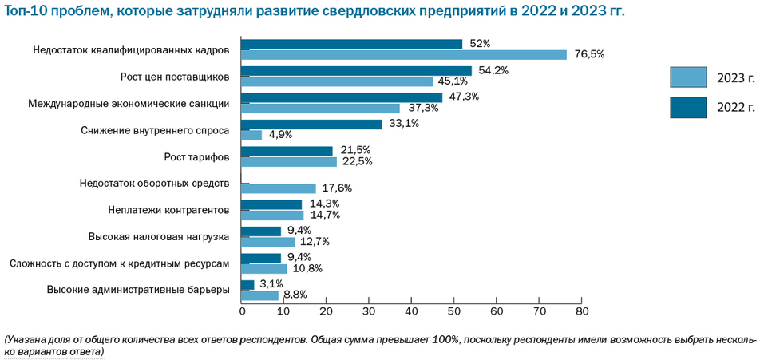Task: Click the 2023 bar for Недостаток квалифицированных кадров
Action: pos(403,55)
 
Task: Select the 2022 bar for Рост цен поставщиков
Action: pos(356,71)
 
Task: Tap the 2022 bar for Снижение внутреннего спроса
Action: pos(311,125)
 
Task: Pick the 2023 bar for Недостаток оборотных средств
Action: pos(278,188)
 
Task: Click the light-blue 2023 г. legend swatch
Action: pos(688,77)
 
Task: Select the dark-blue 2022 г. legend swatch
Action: pos(688,107)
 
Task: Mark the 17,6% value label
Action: pos(336,188)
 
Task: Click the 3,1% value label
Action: pos(272,284)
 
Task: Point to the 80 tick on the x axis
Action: pos(581,311)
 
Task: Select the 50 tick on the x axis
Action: pos(453,311)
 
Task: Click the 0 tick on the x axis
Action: pos(241,311)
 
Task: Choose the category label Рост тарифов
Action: pos(196,156)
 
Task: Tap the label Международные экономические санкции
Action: pos(129,103)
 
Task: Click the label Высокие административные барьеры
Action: pos(139,290)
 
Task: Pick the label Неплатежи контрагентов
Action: pos(168,210)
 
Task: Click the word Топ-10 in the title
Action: pos(30,11)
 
